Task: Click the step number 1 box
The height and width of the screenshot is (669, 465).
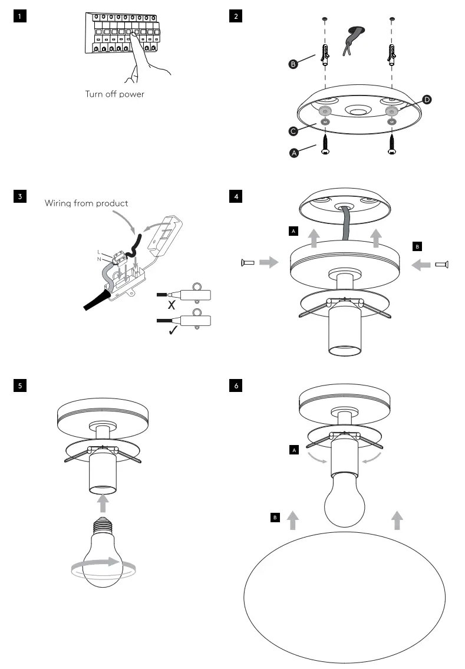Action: [20, 17]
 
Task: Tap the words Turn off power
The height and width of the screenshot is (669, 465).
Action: [114, 94]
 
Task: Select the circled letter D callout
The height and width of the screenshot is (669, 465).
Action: [427, 100]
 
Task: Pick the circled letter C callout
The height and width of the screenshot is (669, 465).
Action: [293, 131]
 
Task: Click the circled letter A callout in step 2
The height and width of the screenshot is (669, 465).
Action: [293, 153]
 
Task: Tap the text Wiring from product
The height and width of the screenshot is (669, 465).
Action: [87, 203]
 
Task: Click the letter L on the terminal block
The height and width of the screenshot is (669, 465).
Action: [99, 252]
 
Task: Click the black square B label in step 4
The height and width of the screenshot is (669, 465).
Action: [417, 246]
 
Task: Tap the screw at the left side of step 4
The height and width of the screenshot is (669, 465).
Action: [248, 262]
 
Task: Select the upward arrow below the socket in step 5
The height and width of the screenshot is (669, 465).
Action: [103, 503]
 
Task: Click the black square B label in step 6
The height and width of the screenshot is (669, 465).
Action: [275, 518]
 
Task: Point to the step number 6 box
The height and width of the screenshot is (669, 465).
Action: [236, 386]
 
